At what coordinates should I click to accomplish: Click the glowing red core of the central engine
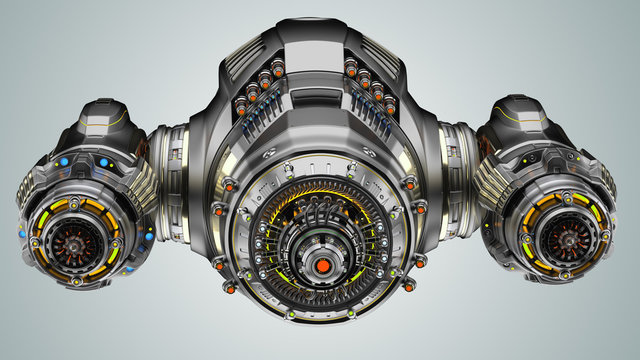[x=324, y=266]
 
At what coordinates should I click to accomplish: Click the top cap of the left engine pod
[x=97, y=115]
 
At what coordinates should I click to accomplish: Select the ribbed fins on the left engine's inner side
[x=141, y=185]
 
